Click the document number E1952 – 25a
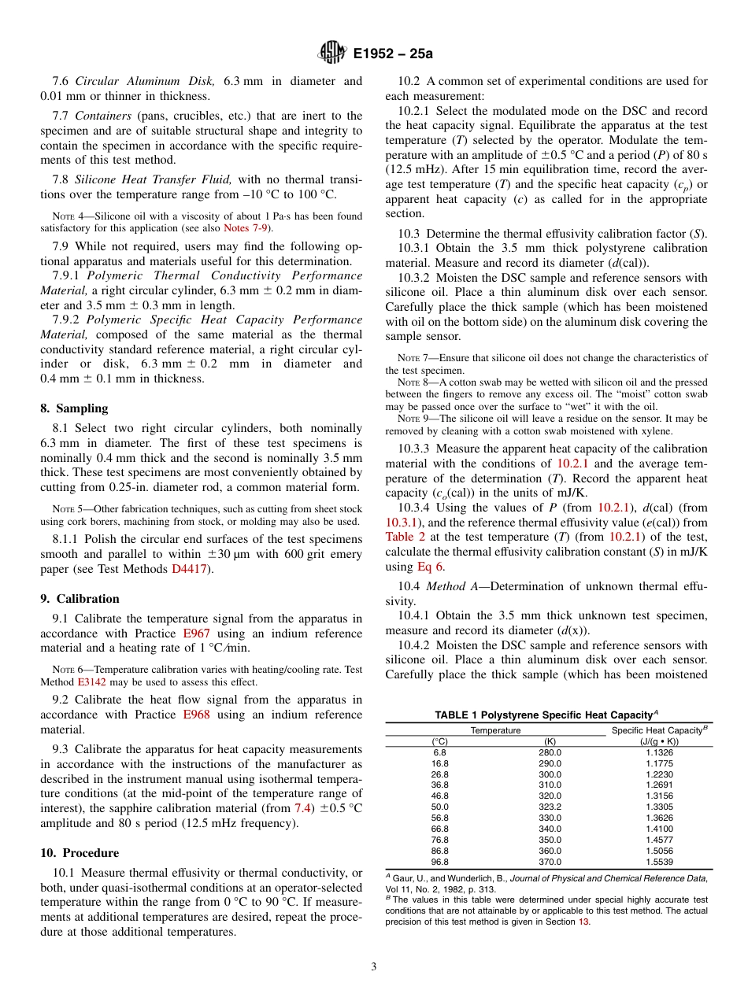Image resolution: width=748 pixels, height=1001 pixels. tap(393, 54)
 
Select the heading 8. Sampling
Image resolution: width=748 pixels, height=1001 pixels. tap(74, 408)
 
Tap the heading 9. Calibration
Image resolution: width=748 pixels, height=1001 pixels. tap(80, 599)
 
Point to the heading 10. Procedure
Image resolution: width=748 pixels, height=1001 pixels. tap(80, 853)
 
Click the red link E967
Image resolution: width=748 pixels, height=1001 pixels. tap(196, 633)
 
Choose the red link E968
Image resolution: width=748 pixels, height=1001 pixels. tap(196, 715)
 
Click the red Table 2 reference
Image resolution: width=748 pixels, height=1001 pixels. tap(405, 537)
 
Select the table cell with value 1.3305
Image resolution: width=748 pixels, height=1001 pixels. tap(658, 807)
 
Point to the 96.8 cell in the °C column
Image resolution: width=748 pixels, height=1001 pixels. tap(439, 862)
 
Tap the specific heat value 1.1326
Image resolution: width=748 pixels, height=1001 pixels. tap(658, 752)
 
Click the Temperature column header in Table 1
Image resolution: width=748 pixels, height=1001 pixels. tap(495, 730)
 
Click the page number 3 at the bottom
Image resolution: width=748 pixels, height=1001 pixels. tap(373, 967)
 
